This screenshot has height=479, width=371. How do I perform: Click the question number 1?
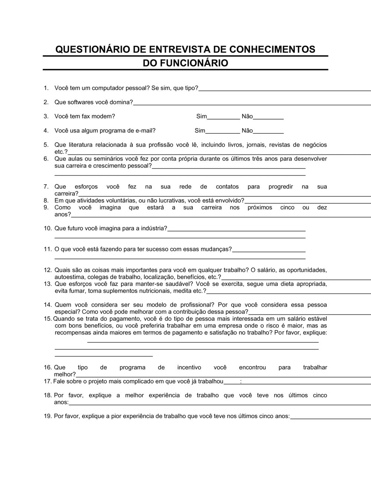click(46, 88)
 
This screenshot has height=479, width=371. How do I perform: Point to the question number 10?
click(47, 228)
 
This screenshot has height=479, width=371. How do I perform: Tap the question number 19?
click(47, 416)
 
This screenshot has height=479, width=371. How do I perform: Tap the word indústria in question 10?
click(154, 228)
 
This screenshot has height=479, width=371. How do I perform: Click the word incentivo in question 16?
click(189, 367)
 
